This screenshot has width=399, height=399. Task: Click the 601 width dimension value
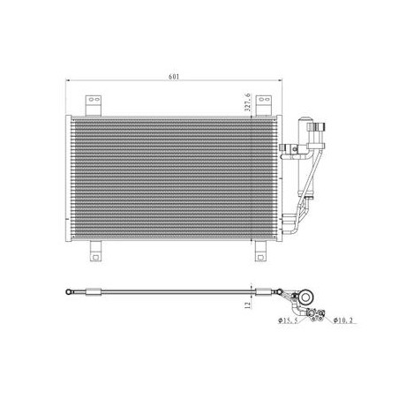pyautogui.click(x=174, y=77)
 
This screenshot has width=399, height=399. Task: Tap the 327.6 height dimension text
pyautogui.click(x=248, y=102)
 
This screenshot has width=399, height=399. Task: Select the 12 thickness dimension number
pyautogui.click(x=248, y=305)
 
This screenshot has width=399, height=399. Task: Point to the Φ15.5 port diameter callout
pyautogui.click(x=288, y=320)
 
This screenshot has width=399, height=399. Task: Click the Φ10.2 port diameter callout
pyautogui.click(x=343, y=320)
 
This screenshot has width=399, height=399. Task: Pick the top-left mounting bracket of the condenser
pyautogui.click(x=94, y=105)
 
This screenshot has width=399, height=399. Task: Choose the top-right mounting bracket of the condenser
pyautogui.click(x=263, y=105)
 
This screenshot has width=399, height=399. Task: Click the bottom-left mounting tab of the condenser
pyautogui.click(x=95, y=251)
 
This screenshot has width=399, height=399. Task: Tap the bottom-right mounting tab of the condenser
pyautogui.click(x=260, y=251)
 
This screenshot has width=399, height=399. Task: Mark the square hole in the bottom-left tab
pyautogui.click(x=95, y=257)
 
